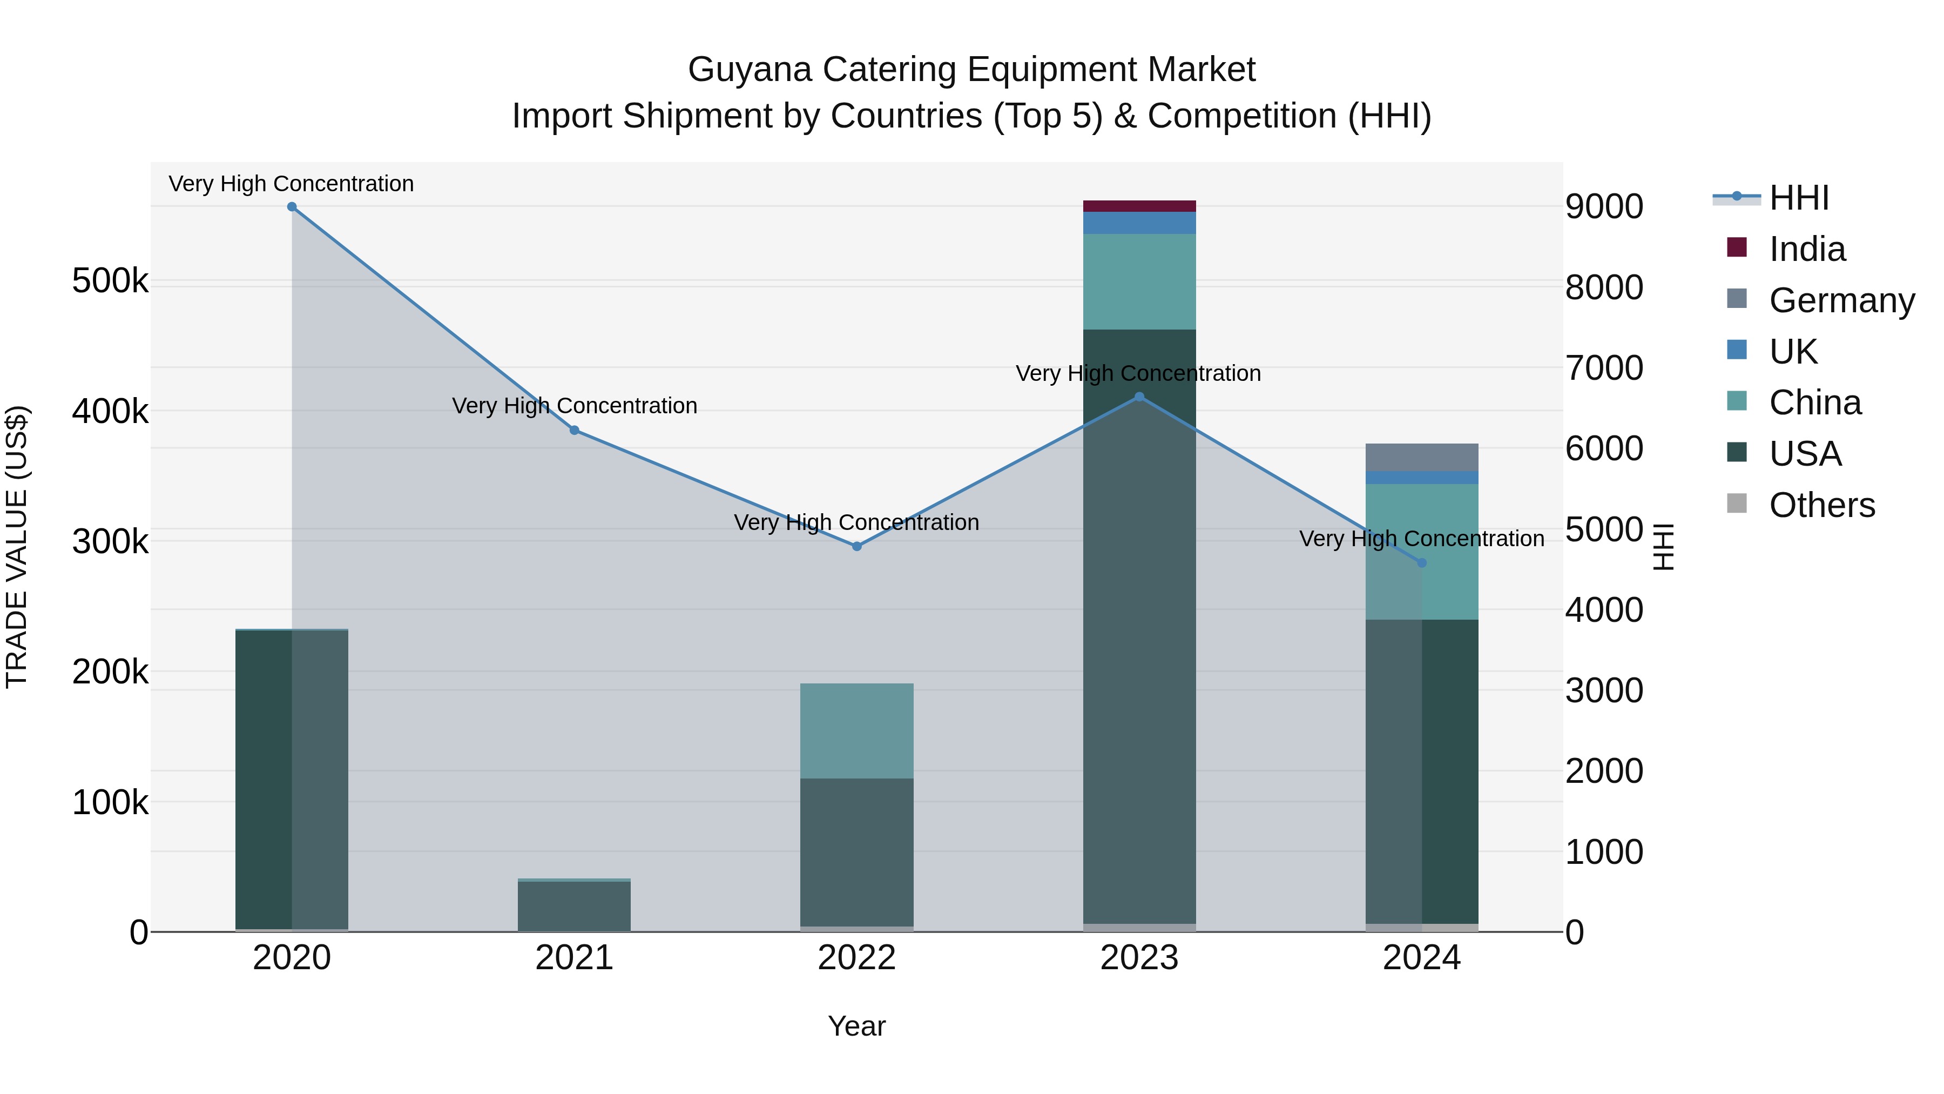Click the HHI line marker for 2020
(292, 207)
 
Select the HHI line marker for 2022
(856, 546)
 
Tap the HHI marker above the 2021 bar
(575, 431)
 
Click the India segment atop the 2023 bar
(1139, 206)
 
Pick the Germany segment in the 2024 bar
(1421, 458)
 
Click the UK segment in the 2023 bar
(1139, 223)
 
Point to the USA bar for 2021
(575, 905)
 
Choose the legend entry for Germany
(1841, 300)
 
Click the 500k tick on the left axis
(110, 281)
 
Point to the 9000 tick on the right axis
(1604, 207)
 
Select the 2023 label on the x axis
(1139, 958)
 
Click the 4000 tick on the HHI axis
(1604, 610)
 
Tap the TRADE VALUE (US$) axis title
(17, 547)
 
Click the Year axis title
(856, 1026)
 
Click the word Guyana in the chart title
(750, 70)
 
